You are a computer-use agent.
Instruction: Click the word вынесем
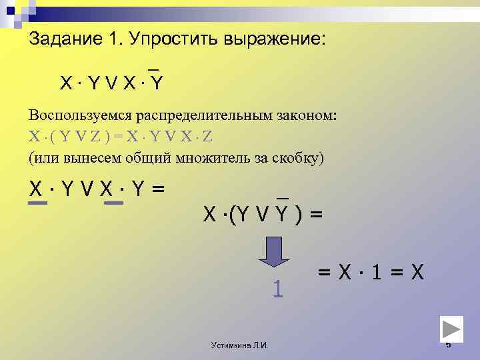click(89, 158)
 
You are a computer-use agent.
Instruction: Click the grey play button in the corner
click(452, 330)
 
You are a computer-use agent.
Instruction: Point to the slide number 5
click(448, 345)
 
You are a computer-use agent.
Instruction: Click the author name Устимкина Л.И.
click(239, 345)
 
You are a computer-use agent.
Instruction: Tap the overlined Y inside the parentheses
click(283, 214)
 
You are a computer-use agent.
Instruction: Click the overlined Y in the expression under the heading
click(157, 83)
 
